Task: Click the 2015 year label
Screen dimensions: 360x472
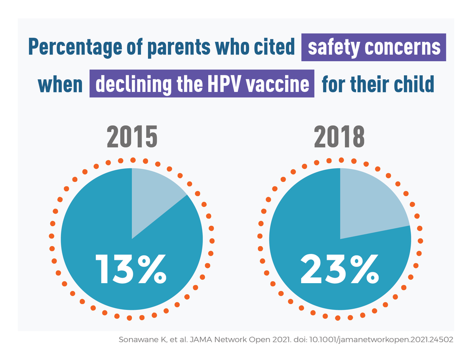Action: click(132, 138)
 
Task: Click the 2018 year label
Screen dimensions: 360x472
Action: click(339, 138)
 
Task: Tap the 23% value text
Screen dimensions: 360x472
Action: click(339, 269)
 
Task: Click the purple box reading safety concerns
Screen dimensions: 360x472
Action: click(374, 47)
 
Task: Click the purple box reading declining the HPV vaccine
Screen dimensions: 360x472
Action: click(202, 84)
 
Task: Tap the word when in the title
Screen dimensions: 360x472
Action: click(60, 84)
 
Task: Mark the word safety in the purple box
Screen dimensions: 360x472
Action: click(333, 47)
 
